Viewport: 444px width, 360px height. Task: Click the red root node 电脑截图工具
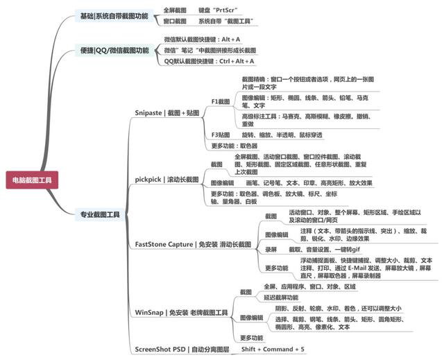tap(32, 180)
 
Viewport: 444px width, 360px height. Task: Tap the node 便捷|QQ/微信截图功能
tap(114, 51)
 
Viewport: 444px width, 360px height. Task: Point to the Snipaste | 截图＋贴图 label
tap(166, 112)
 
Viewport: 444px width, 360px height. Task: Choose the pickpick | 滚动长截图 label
tap(166, 180)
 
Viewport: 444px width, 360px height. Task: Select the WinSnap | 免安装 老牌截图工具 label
tap(181, 313)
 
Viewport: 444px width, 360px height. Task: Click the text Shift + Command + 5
tap(273, 348)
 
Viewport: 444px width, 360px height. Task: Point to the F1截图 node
tap(221, 101)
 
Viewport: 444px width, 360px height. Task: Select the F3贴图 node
tap(221, 134)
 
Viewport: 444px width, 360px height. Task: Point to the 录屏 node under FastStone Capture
tap(271, 248)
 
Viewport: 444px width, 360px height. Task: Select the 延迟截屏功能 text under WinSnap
tap(262, 297)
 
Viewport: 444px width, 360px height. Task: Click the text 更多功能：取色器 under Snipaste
tap(234, 146)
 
